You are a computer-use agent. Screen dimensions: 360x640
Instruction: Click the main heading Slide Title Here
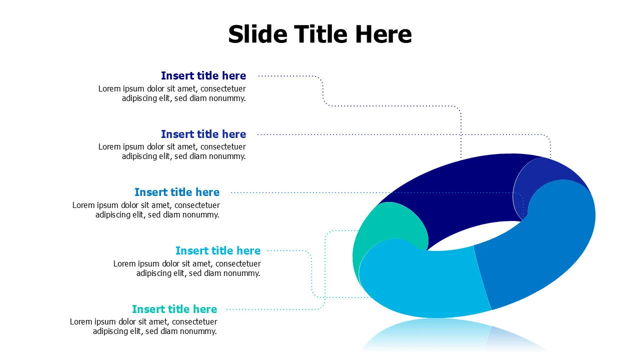point(320,34)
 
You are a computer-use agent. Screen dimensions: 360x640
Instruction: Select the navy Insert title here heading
point(203,76)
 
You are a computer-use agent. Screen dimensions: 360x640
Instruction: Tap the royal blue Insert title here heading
point(203,134)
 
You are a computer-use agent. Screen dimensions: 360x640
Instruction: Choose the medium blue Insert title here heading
point(177,192)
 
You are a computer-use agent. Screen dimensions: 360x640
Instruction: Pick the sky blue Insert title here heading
point(218,250)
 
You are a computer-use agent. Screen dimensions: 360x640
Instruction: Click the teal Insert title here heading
point(174,309)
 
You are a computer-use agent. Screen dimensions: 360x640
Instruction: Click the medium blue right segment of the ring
point(545,240)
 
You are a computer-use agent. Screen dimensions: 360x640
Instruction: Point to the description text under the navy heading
point(172,93)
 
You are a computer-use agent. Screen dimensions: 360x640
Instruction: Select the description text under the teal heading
point(143,326)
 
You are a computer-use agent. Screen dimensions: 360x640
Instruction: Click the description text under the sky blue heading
point(187,268)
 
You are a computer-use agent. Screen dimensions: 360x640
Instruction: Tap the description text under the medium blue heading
point(146,210)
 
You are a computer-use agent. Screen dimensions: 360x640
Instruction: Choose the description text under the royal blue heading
point(172,151)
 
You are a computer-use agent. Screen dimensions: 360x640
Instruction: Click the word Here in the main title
point(383,34)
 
